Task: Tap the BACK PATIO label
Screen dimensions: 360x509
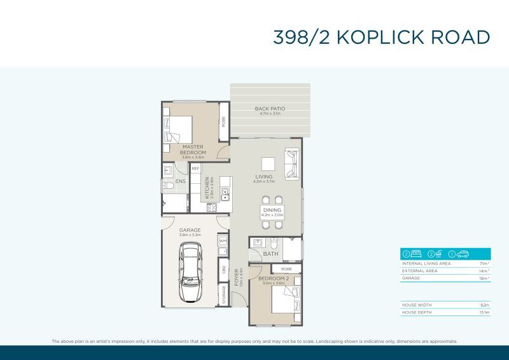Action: click(x=270, y=109)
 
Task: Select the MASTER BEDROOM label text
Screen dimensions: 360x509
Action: click(x=192, y=149)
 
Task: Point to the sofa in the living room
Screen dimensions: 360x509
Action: click(x=291, y=163)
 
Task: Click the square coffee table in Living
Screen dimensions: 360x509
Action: click(x=268, y=163)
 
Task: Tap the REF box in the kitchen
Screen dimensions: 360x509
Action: click(x=195, y=169)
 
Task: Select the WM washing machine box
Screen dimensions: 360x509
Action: click(x=223, y=242)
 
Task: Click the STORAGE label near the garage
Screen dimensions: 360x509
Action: click(x=223, y=295)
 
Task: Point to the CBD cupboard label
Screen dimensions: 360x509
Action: click(x=223, y=268)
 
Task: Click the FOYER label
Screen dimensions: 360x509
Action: click(x=237, y=277)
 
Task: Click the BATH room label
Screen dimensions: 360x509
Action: click(x=270, y=253)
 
